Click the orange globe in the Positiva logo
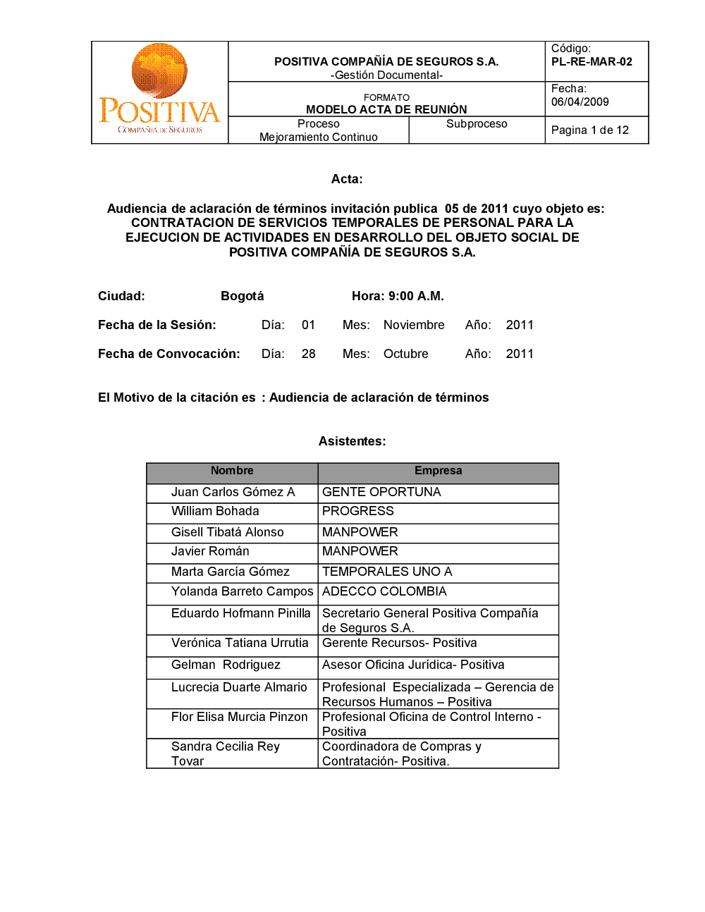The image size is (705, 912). coord(159,70)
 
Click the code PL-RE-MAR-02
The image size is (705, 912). coord(591,62)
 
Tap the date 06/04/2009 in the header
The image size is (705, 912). coord(580,102)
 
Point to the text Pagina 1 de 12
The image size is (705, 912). coord(589,130)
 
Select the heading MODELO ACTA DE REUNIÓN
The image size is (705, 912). coord(386,109)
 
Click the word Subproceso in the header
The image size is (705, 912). coord(477,124)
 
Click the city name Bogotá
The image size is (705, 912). coord(242,296)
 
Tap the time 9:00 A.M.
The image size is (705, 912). coord(416,296)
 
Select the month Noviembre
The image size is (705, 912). coord(414,325)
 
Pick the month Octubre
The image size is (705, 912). coord(405,354)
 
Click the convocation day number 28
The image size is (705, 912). coord(308,354)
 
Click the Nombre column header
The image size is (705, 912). coord(232,471)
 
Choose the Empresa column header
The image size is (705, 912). coord(438,471)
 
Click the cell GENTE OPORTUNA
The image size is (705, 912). coord(381,492)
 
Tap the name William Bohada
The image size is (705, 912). coord(215,512)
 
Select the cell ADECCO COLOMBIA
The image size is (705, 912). coord(384,591)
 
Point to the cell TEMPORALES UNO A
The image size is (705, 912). coord(387,572)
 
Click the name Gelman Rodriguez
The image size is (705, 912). coord(226,665)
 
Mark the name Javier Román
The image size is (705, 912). coord(210,551)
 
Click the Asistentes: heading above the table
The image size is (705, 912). coord(352,441)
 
